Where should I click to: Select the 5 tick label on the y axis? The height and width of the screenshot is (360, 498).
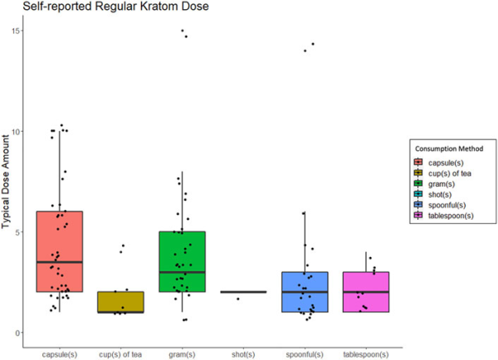point(18,232)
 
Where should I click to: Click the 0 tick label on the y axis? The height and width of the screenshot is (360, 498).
point(18,333)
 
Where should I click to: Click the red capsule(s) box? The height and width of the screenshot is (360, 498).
point(59,241)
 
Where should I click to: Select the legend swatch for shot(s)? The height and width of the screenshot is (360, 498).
point(422,194)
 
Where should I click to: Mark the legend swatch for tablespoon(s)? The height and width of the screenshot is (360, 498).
point(422,216)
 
